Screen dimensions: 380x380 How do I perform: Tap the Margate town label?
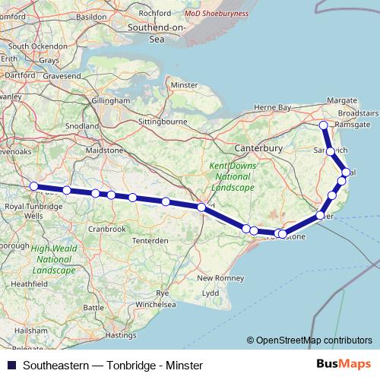(x=341, y=100)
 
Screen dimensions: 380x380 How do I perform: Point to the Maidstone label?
(x=104, y=151)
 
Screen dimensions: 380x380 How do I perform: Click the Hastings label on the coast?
(x=122, y=334)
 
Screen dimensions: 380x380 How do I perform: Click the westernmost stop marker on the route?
(x=33, y=186)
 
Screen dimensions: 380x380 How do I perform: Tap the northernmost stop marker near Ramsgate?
(x=324, y=125)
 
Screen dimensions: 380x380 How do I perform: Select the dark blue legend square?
(x=10, y=366)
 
